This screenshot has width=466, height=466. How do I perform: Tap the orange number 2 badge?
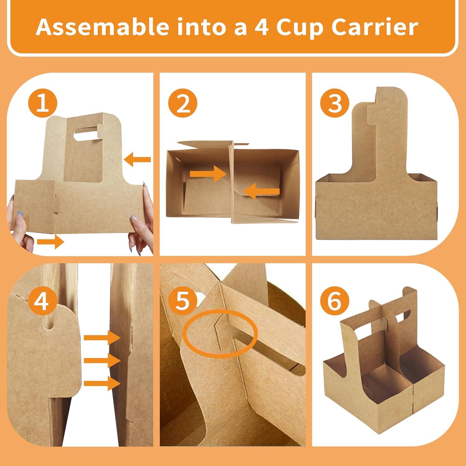(183, 104)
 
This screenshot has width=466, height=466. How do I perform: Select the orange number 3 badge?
(335, 104)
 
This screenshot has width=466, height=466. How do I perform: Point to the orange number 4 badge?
(42, 301)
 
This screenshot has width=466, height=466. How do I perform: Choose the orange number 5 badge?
(183, 301)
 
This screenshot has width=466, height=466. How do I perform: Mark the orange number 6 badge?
(335, 301)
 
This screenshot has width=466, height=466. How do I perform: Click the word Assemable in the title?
(102, 27)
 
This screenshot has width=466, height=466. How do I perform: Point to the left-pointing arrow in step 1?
(137, 160)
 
